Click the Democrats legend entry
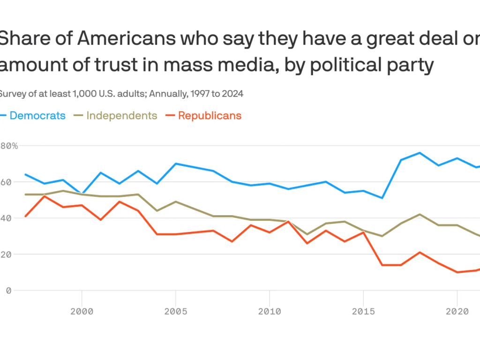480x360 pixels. coord(37,115)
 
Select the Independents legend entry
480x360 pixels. coord(121,115)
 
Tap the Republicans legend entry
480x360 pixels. coord(210,115)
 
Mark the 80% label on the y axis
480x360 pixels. coord(8,146)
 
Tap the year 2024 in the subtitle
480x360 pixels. coord(233,93)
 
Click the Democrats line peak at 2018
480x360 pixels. coord(420,153)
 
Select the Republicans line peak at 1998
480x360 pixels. coord(44,196)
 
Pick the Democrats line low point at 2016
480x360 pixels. coord(382,198)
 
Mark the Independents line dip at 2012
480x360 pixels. coord(307,234)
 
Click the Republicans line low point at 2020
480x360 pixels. coord(457,272)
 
